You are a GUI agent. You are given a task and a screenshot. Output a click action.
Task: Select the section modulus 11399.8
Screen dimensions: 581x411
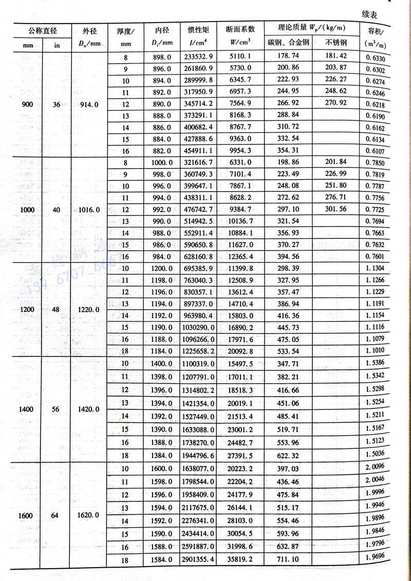(240, 269)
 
